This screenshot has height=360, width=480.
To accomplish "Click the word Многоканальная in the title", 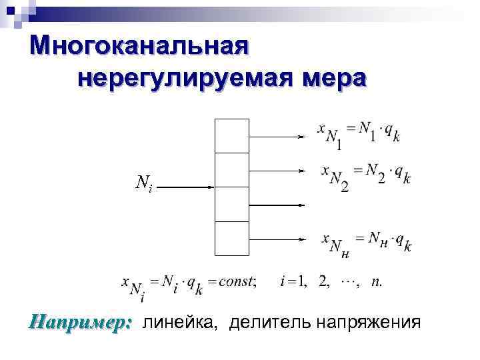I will [x=140, y=47].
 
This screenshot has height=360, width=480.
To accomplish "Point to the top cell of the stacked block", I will [x=232, y=135].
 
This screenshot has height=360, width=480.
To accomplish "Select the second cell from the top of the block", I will [x=232, y=170].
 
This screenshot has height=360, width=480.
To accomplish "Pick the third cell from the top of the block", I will [x=232, y=204].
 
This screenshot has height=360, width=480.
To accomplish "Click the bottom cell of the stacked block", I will [x=232, y=238].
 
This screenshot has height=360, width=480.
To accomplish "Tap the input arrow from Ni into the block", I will [x=187, y=187].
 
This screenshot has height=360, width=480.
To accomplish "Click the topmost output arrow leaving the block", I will [x=277, y=136].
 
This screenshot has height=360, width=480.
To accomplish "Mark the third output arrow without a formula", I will [x=277, y=205].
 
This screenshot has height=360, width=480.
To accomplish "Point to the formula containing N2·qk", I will [x=365, y=175].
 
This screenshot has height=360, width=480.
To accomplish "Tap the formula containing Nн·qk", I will [x=366, y=241].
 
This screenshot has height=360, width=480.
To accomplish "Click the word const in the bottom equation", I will [x=235, y=281].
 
